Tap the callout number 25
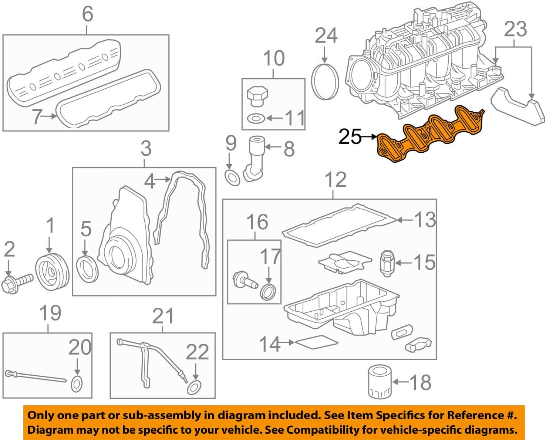point(350,137)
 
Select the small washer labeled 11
point(256,119)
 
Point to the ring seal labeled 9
point(232,178)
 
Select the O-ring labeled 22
point(195,387)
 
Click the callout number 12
point(335,180)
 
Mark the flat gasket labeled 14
point(317,342)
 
